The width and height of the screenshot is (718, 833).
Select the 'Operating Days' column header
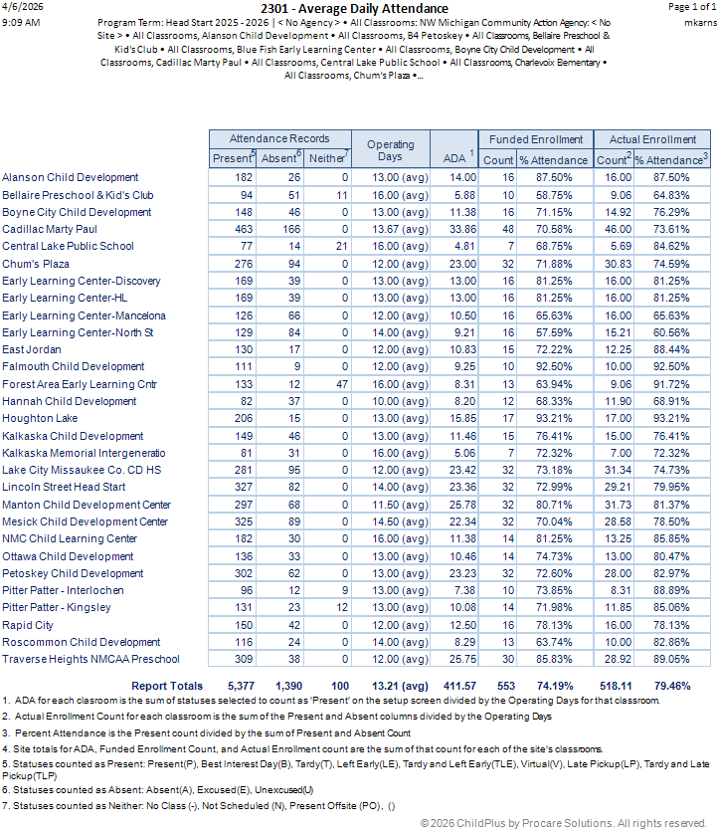tap(391, 150)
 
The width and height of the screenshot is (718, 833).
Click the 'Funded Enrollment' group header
tap(535, 139)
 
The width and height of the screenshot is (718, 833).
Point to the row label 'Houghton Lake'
tap(40, 419)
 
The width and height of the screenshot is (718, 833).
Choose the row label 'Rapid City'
tap(28, 625)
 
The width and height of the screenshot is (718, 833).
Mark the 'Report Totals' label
tap(167, 686)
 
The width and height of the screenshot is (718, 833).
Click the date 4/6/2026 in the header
tap(20, 7)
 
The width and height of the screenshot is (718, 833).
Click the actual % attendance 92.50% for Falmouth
tap(671, 367)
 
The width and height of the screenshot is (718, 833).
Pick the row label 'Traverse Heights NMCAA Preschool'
tap(90, 659)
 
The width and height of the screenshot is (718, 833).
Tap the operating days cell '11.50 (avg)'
tap(392, 505)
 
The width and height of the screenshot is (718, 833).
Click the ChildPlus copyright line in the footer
tap(563, 823)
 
